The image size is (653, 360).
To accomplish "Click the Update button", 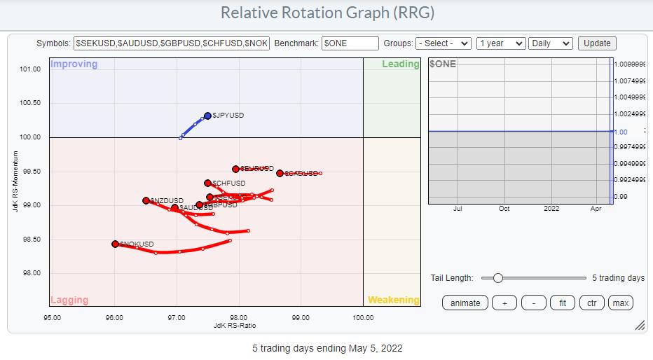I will click(597, 43).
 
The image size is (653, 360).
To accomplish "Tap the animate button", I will click(465, 303).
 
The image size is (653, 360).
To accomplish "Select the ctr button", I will click(591, 303).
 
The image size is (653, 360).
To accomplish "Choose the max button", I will click(620, 303).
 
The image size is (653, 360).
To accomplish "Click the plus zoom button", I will click(504, 303).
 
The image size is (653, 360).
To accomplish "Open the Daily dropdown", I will click(551, 43).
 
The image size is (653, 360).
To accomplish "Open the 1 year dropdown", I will click(500, 43).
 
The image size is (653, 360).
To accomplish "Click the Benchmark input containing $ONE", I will click(350, 43).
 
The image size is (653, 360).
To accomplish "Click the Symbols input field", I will click(172, 43).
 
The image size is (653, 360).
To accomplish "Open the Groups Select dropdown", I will click(444, 43).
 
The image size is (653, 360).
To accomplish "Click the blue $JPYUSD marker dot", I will click(207, 116).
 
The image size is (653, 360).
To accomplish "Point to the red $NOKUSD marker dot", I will click(115, 244).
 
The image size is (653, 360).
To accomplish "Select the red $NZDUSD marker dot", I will click(146, 200).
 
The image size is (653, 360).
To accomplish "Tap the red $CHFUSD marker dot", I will click(208, 184).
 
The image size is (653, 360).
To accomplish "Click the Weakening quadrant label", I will click(393, 300).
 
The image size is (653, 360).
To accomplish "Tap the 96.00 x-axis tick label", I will click(114, 317).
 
